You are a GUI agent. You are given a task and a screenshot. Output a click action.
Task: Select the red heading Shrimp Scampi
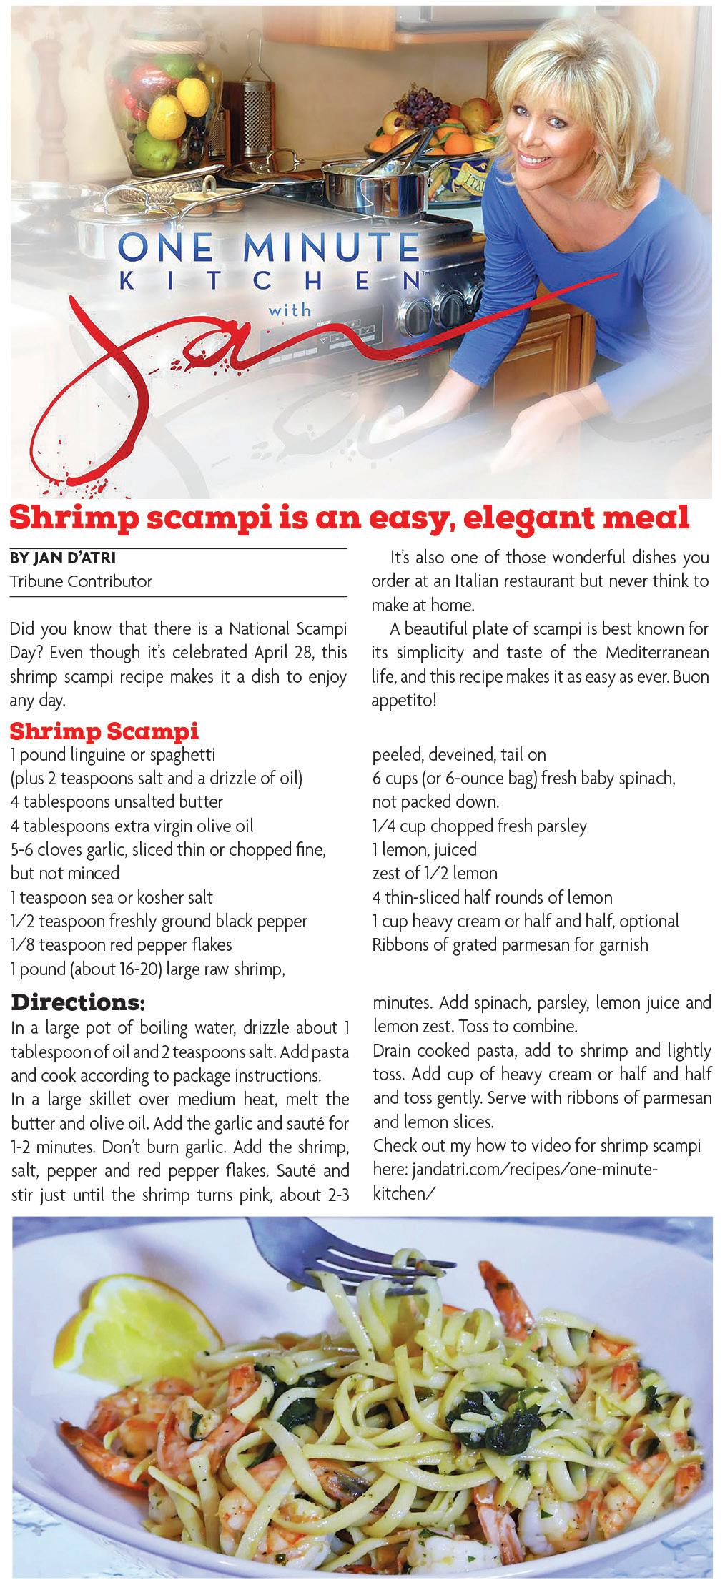pyautogui.click(x=104, y=731)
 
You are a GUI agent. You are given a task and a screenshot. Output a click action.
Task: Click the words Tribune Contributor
pyautogui.click(x=81, y=581)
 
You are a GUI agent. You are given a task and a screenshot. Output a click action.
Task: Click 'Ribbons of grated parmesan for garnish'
pyautogui.click(x=510, y=944)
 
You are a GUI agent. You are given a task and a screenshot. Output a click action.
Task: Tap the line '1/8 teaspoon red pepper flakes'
pyautogui.click(x=122, y=944)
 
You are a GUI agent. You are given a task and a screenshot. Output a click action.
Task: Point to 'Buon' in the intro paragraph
pyautogui.click(x=691, y=676)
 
